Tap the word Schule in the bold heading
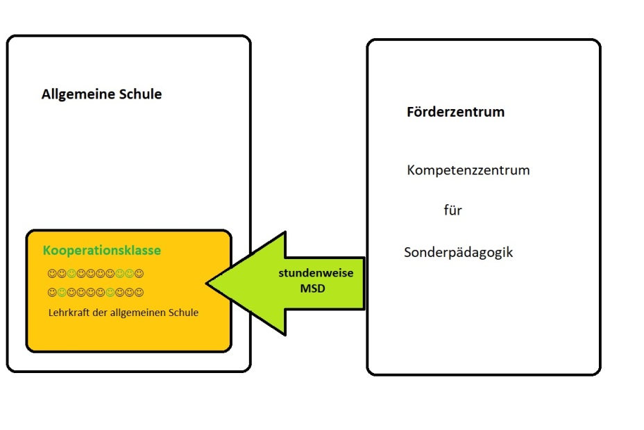coord(138,94)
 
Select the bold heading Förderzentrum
coord(455,112)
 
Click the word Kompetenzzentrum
coord(468,170)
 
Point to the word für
coord(452,210)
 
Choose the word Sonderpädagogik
coord(458,252)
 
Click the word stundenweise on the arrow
coord(316,273)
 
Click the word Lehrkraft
coord(69,313)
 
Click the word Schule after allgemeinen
coord(184,313)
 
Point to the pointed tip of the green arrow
coord(208,283)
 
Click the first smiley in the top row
coord(52,274)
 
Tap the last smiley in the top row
coord(139,274)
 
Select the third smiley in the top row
coord(71,274)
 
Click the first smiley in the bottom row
coord(52,292)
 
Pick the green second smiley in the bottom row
coord(62,292)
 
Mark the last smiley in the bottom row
coord(139,292)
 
